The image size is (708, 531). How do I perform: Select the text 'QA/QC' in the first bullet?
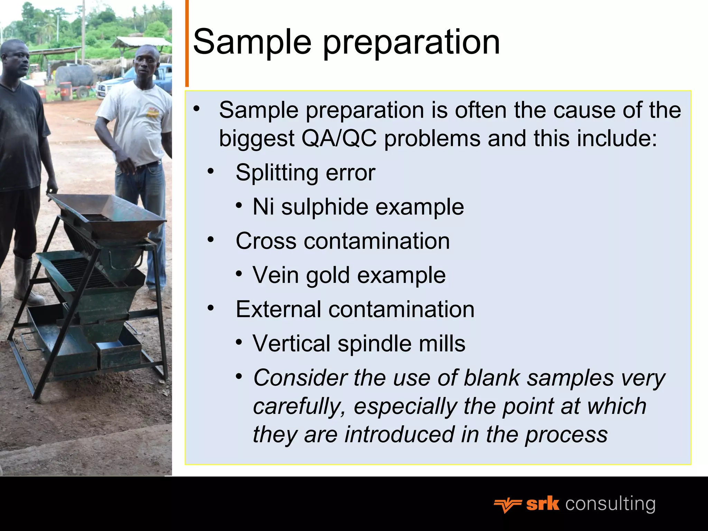(339, 138)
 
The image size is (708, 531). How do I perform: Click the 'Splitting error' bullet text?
(305, 172)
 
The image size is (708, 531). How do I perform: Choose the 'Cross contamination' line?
(342, 241)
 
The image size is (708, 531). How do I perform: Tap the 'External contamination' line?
(355, 309)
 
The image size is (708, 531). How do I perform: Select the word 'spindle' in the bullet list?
(374, 344)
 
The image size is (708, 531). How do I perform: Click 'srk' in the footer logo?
(542, 504)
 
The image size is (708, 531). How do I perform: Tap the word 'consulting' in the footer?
(610, 504)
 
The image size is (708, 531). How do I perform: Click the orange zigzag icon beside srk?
(507, 505)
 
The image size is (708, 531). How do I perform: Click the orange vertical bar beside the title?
(187, 43)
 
